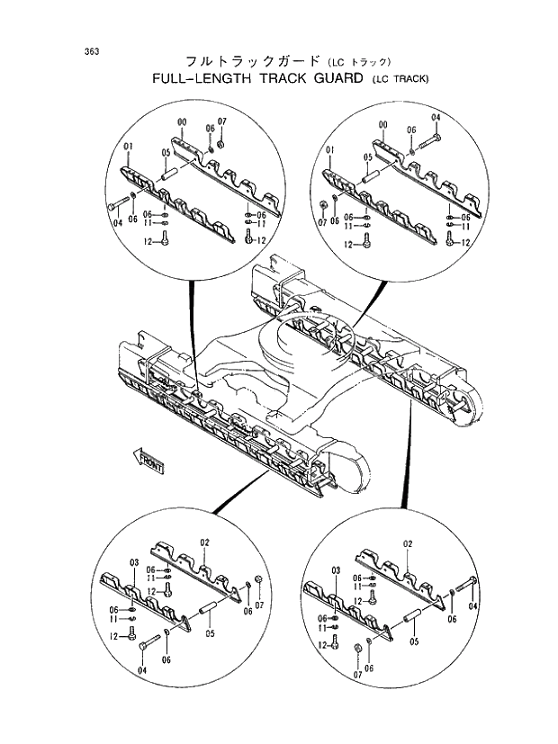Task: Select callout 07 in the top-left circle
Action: (x=221, y=121)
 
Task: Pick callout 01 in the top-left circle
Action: (x=129, y=147)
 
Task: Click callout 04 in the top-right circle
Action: (x=436, y=118)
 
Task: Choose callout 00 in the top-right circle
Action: (x=382, y=123)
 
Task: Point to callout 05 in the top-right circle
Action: (x=367, y=157)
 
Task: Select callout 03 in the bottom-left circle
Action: (x=133, y=562)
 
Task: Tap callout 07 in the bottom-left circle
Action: (x=259, y=608)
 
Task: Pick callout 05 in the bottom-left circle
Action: (x=210, y=633)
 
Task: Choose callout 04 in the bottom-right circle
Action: (x=472, y=605)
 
